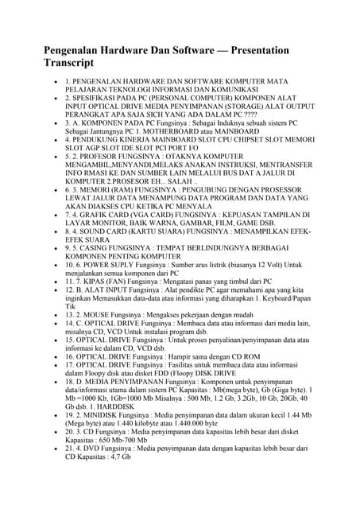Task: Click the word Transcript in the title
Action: click(68, 62)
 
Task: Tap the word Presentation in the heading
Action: click(250, 50)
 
